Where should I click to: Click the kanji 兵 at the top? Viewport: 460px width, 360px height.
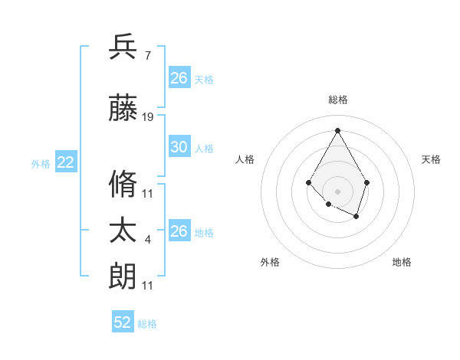pos(123,47)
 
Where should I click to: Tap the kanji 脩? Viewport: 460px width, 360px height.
pos(123,185)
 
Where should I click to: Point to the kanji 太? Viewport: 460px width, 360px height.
pos(123,231)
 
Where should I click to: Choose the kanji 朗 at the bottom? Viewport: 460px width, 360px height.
pos(123,276)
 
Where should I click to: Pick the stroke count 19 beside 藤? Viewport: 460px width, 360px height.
pos(148,117)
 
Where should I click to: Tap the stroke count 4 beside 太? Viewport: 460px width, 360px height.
pos(147,240)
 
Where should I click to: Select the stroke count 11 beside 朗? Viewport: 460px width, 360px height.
pos(148,285)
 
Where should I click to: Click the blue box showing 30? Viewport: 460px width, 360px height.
pos(179,147)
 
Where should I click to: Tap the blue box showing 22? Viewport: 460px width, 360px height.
pos(66,162)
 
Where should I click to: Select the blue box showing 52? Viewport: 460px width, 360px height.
pos(123,322)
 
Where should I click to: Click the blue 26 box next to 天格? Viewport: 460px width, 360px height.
pos(179,78)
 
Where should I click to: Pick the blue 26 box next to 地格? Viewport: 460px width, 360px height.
pos(179,231)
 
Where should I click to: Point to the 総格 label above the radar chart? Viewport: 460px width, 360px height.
pos(337,100)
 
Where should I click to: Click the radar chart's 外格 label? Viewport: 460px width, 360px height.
pos(270,262)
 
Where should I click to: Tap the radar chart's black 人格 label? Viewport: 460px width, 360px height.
pos(245,159)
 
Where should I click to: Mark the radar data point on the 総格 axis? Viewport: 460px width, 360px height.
pos(337,129)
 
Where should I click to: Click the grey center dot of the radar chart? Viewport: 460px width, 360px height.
pos(337,191)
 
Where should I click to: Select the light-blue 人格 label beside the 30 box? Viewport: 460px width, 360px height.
pos(204,148)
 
